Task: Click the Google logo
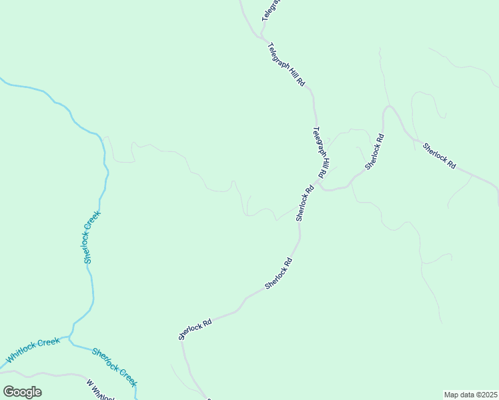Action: coord(23,392)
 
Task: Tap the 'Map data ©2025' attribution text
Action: coord(470,395)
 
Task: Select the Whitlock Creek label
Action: coord(33,351)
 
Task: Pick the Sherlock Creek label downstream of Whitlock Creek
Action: coord(114,367)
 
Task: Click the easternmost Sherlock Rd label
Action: coord(439,155)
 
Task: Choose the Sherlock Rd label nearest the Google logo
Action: coord(195,328)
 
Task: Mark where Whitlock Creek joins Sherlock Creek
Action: coord(70,340)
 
